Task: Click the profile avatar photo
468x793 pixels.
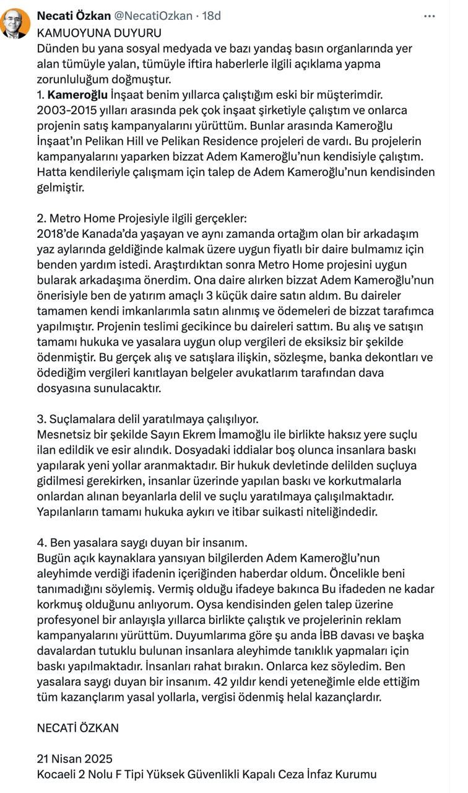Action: (15, 24)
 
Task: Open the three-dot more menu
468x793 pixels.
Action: (430, 15)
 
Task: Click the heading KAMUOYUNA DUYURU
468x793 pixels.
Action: (99, 32)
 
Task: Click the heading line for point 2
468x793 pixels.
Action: (142, 219)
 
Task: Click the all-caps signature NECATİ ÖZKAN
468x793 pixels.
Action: (77, 727)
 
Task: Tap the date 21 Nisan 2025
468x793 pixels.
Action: (74, 758)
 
